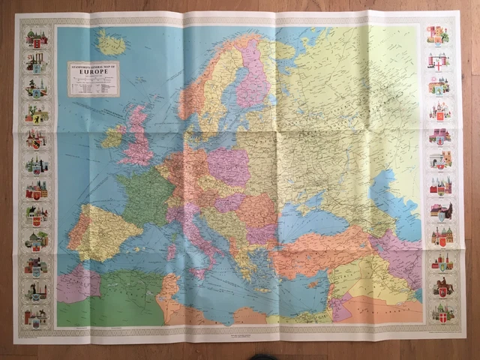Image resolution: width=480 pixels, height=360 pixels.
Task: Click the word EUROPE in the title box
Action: [x=93, y=74]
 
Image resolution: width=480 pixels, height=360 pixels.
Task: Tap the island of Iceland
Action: [x=112, y=43]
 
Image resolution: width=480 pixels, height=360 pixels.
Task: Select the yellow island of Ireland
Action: [x=112, y=137]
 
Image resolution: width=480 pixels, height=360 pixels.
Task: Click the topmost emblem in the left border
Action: [x=35, y=37]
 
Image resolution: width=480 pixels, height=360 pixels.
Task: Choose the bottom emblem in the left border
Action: [x=35, y=316]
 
